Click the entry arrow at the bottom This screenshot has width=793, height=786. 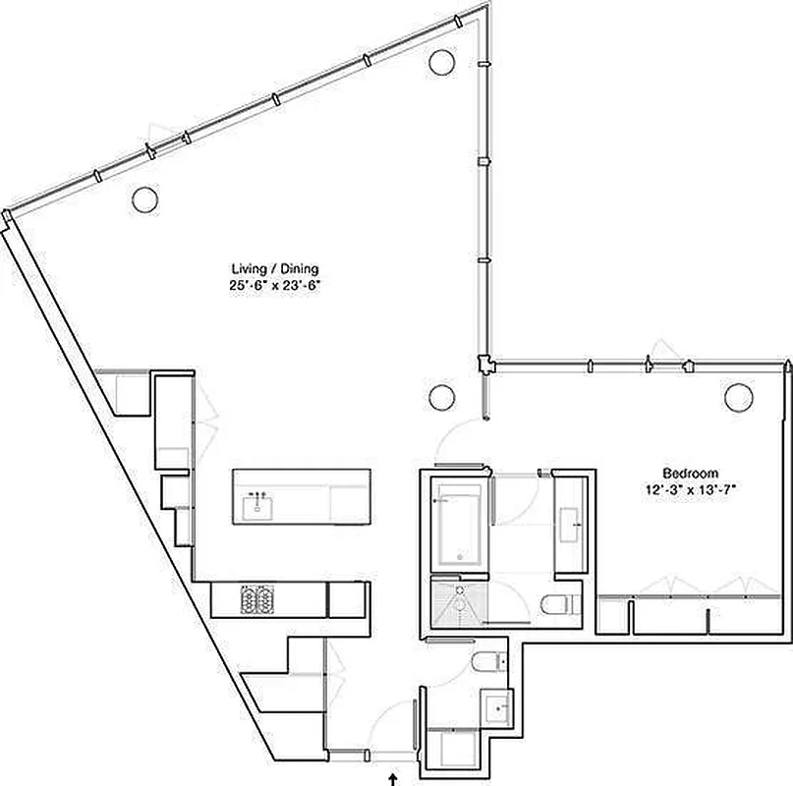(x=394, y=778)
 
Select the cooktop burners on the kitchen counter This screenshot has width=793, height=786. (x=256, y=598)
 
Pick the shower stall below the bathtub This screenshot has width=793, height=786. (x=457, y=602)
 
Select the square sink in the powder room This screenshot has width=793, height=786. (x=494, y=705)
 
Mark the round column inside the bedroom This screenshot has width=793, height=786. (x=737, y=397)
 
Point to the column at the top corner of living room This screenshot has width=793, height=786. (x=441, y=61)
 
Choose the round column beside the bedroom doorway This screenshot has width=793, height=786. (x=441, y=397)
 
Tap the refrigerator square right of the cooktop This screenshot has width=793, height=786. (x=346, y=598)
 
